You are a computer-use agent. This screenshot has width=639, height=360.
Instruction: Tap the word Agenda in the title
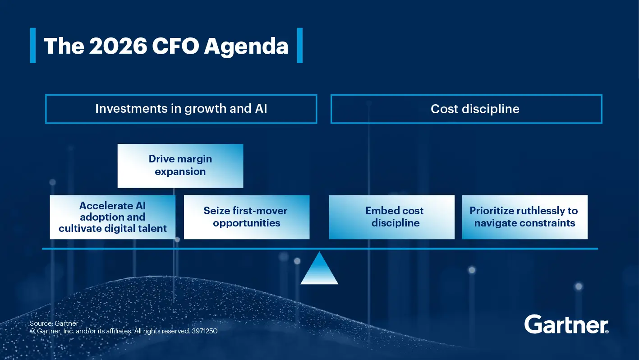246,46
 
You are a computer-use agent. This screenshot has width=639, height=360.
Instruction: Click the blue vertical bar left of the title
32,46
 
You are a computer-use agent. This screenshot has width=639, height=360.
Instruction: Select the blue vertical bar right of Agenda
300,46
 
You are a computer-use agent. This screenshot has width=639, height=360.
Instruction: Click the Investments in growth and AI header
181,109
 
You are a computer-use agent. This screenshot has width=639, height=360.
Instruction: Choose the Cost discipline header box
466,109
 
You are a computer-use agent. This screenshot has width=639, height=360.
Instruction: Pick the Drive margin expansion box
180,166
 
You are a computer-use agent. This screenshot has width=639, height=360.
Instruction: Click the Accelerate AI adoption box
112,217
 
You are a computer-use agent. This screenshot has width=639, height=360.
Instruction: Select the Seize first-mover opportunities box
246,217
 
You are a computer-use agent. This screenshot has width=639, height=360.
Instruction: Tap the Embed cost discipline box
391,217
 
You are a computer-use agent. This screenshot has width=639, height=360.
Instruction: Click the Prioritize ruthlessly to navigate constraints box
524,217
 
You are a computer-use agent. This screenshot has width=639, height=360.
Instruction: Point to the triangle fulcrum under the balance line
319,270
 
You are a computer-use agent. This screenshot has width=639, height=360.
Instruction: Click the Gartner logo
566,324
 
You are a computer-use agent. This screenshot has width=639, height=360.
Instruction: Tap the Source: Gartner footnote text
54,323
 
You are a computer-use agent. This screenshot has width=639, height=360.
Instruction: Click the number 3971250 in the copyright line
205,331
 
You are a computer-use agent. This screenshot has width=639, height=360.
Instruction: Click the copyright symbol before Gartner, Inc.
32,331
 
